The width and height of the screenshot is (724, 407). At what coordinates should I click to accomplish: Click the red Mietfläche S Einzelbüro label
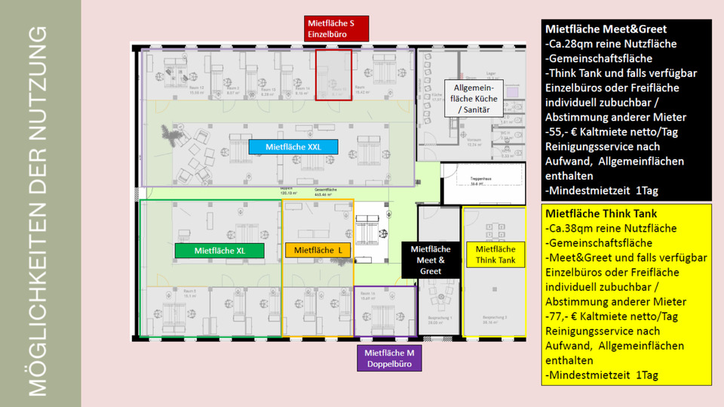(336, 28)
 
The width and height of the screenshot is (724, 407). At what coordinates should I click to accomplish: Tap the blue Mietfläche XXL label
(293, 146)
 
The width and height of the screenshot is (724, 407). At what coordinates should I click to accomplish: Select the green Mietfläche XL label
(219, 250)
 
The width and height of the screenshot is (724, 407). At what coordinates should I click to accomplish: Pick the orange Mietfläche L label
(318, 250)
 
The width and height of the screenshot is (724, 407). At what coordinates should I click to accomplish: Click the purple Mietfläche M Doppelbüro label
(388, 359)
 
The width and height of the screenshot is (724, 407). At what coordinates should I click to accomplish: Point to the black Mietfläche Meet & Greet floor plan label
(430, 260)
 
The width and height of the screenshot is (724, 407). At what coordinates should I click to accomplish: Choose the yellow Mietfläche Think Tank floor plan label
(495, 254)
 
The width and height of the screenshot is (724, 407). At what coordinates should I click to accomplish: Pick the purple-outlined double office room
(385, 310)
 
